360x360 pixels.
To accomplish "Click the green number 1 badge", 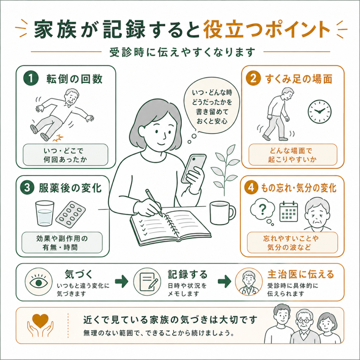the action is pos(31,78).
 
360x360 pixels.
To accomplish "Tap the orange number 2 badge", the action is pos(253,78).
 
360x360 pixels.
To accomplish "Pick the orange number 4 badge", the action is pos(251,188).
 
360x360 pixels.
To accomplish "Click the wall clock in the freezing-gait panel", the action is pos(319,111).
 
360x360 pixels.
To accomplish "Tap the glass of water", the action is pos(45,213).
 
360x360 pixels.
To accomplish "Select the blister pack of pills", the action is pos(70,214).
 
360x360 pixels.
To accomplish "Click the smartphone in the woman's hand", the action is pos(194,168).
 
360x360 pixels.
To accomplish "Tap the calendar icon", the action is pos(289,211).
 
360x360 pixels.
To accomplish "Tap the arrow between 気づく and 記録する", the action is pos(121,281).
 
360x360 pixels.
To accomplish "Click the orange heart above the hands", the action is pos(40,321).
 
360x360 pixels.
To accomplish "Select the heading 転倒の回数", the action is pos(75,79).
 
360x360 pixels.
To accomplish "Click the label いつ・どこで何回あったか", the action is pos(65,155).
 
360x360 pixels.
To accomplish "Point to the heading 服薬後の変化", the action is pos(70,188).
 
